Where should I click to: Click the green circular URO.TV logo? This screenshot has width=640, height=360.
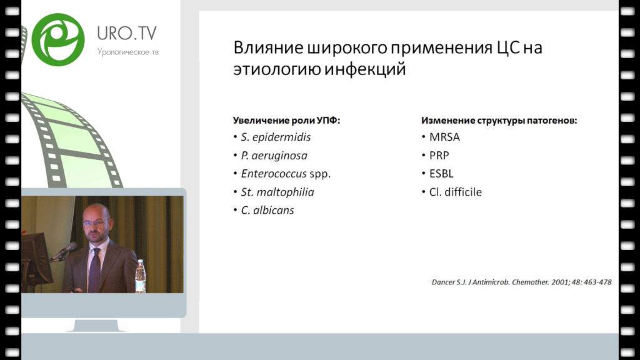pos(58,39)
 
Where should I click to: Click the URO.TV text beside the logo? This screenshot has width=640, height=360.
pos(127,34)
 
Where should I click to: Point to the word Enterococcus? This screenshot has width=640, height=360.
pos(274,174)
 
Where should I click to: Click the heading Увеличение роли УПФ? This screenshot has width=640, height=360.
pos(286,121)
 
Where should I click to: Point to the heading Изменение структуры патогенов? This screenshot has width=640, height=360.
pos(499,121)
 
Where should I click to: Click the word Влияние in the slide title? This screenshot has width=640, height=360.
pos(268,47)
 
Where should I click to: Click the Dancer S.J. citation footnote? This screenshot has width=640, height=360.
pos(522,282)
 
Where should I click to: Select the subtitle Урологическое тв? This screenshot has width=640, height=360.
pos(127,52)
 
